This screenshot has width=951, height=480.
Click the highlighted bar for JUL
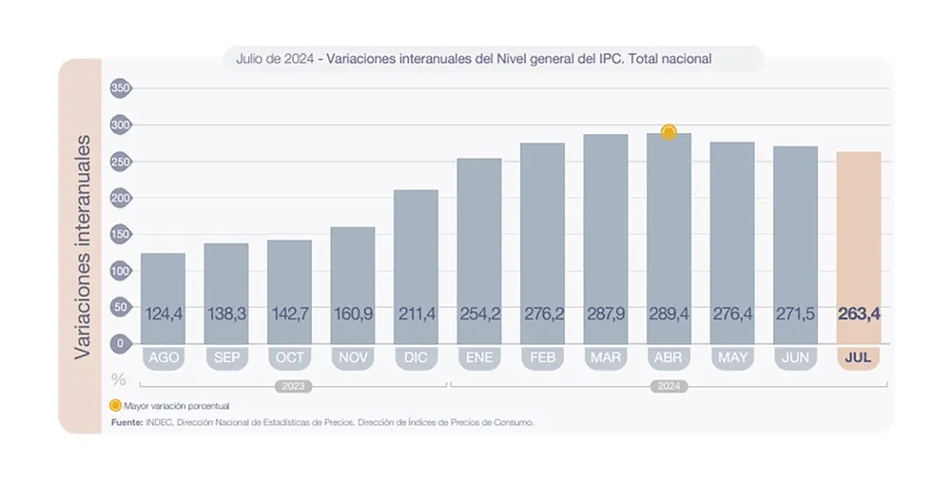pos(859,247)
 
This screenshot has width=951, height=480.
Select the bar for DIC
pos(416,266)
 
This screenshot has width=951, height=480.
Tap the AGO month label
pos(163,358)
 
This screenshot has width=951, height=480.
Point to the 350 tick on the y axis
pos(121,88)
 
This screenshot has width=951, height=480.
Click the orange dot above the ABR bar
pos(669,132)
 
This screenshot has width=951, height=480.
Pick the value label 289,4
pos(669,313)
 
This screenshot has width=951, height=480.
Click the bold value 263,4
pos(859,313)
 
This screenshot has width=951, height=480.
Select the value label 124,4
pos(163,313)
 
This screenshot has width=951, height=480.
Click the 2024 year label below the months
pos(669,386)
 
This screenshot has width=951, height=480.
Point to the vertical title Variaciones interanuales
pos(83,246)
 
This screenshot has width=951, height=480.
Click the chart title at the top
pos(474,59)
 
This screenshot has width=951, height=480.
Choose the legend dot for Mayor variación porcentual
pos(116,406)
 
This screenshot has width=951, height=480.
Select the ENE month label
pos(478,358)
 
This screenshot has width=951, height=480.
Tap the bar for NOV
pos(352,284)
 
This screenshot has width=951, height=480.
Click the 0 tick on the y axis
pos(121,343)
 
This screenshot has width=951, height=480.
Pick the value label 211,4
pos(416,313)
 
